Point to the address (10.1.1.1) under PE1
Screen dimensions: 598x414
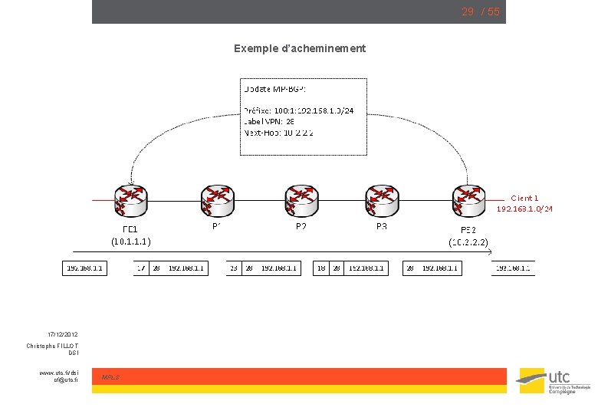(x=130, y=241)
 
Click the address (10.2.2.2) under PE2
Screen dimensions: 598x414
(x=468, y=242)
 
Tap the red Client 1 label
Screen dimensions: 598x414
(x=524, y=198)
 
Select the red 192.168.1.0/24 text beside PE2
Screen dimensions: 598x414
(x=524, y=209)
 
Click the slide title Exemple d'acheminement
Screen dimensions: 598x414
(x=300, y=48)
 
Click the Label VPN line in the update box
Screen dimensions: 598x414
(x=269, y=121)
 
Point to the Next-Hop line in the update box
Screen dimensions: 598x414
(x=278, y=132)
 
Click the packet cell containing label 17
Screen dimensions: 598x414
(x=141, y=268)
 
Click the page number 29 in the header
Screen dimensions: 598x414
(x=467, y=11)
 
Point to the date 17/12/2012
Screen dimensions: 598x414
(x=62, y=335)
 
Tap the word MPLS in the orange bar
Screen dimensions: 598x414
(x=110, y=377)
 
